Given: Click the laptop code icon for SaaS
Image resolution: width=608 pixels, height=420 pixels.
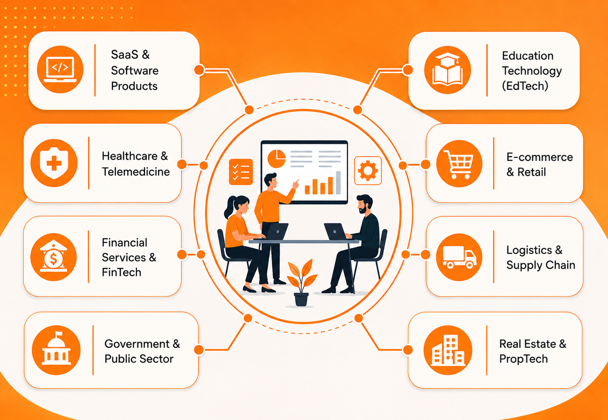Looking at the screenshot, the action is coord(60,69).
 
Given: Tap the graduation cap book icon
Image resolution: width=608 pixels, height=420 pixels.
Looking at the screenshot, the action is coord(447,70).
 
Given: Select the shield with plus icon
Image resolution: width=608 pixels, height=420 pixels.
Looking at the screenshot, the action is coord(54,163).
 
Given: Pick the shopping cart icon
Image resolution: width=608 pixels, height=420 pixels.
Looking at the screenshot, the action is coord(459,163).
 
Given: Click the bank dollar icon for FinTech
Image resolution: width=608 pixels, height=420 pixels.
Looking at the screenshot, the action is coord(54,257).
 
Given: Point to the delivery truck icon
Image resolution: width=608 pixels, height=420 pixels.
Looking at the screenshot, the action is coord(459,257).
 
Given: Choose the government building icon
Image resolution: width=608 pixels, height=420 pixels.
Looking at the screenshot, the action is coord(56,350).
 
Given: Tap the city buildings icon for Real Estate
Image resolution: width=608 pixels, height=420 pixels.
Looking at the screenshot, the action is coord(448,350).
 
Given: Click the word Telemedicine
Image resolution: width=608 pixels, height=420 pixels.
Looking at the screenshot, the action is coord(136,172).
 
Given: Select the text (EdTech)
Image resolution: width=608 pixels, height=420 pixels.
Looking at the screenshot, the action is coord(525,86).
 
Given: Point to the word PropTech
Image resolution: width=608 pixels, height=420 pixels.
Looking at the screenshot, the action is coord(523,359).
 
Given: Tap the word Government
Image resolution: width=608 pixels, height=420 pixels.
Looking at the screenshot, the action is coord(137,344).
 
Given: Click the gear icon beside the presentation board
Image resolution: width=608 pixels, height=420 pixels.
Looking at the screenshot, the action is coord(368,171).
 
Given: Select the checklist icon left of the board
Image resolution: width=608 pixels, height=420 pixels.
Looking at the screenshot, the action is coord(241,172).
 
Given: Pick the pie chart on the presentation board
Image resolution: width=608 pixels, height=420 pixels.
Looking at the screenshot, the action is coord(276,158).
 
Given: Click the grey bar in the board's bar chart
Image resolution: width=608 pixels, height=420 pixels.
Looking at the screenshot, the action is coord(338,183).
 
